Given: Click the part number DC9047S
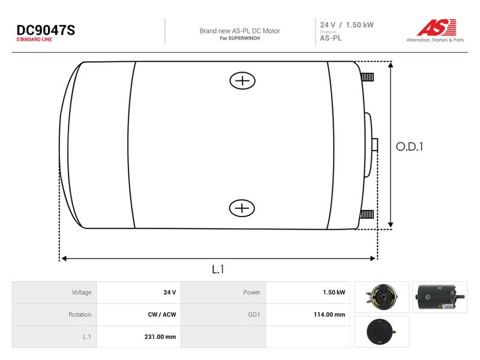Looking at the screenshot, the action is tap(46, 31).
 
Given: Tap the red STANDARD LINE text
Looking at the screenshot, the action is tap(34, 40).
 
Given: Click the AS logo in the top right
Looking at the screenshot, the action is tap(436, 28).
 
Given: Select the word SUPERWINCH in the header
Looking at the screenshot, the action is tap(244, 38).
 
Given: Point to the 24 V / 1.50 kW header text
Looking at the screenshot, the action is tap(347, 25).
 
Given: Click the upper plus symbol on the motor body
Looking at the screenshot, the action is tap(242, 80).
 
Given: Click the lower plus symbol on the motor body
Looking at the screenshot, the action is tap(242, 208).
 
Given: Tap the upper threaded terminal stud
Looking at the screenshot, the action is tap(367, 77).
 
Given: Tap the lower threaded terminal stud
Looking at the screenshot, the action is tap(367, 214).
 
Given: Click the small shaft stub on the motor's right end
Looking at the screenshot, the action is tap(374, 145).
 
